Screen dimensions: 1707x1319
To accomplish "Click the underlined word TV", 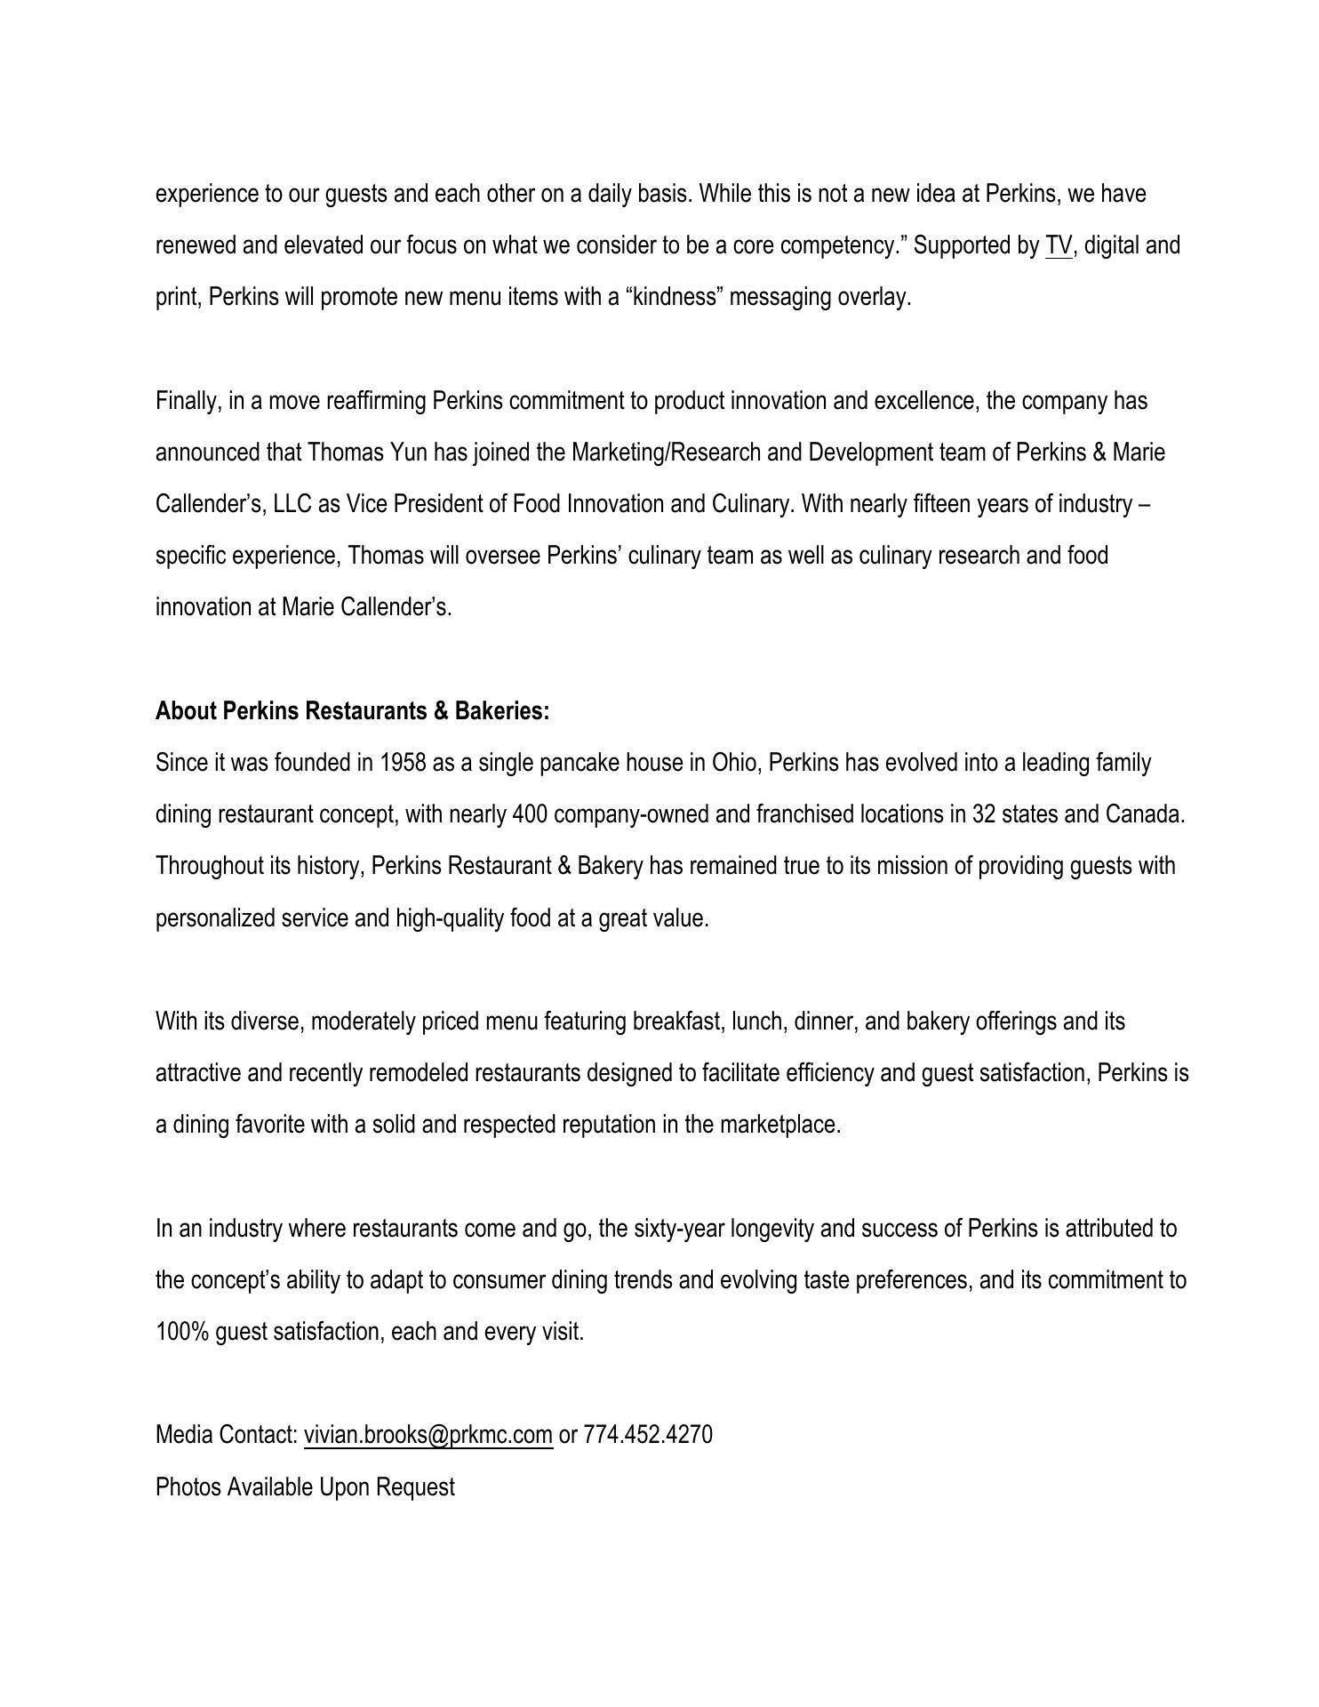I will (x=1059, y=245).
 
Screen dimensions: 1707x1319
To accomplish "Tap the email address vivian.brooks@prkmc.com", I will (x=428, y=1435).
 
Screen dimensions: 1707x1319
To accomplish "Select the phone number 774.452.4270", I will (x=648, y=1435).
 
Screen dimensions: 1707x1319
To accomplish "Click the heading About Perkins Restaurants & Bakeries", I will (x=352, y=711).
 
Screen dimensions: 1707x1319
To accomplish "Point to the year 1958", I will (x=403, y=763).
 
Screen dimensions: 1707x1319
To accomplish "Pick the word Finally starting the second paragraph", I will (x=188, y=401).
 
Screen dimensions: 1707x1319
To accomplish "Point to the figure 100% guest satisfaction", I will (x=181, y=1332).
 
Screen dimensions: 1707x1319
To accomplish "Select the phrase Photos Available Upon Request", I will (x=305, y=1487).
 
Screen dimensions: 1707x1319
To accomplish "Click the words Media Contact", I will (x=226, y=1435).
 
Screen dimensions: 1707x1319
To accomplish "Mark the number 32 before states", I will (x=984, y=814).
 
